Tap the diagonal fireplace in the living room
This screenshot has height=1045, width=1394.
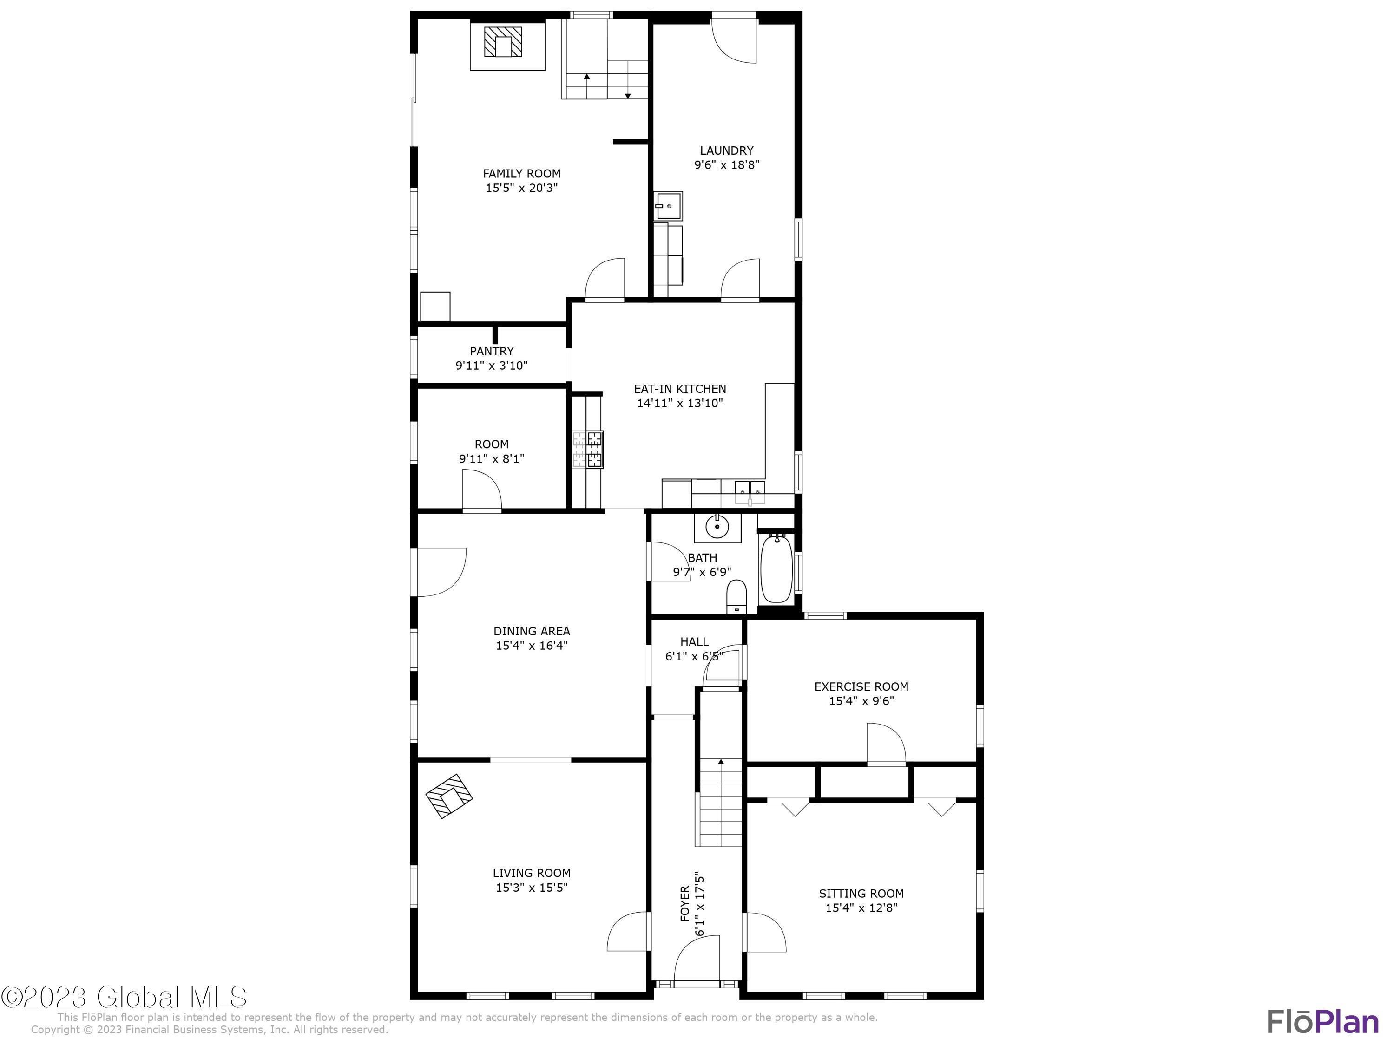[x=449, y=796]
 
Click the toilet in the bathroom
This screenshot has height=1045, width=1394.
[x=736, y=596]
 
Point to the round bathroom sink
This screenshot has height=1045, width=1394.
[x=717, y=527]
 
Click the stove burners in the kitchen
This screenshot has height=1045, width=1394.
[x=588, y=450]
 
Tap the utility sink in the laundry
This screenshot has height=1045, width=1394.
[x=667, y=205]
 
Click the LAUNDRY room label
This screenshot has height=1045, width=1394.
[x=727, y=150]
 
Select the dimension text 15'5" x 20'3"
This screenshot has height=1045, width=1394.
[x=522, y=188]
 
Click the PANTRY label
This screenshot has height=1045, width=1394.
[x=492, y=351]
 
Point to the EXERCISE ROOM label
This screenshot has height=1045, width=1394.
[x=861, y=686]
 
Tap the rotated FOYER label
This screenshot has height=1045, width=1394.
[x=685, y=904]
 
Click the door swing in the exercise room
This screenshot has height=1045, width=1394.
[x=886, y=745]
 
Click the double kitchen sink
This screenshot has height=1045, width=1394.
[x=750, y=491]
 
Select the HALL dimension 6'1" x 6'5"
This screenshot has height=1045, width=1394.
[x=694, y=656]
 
